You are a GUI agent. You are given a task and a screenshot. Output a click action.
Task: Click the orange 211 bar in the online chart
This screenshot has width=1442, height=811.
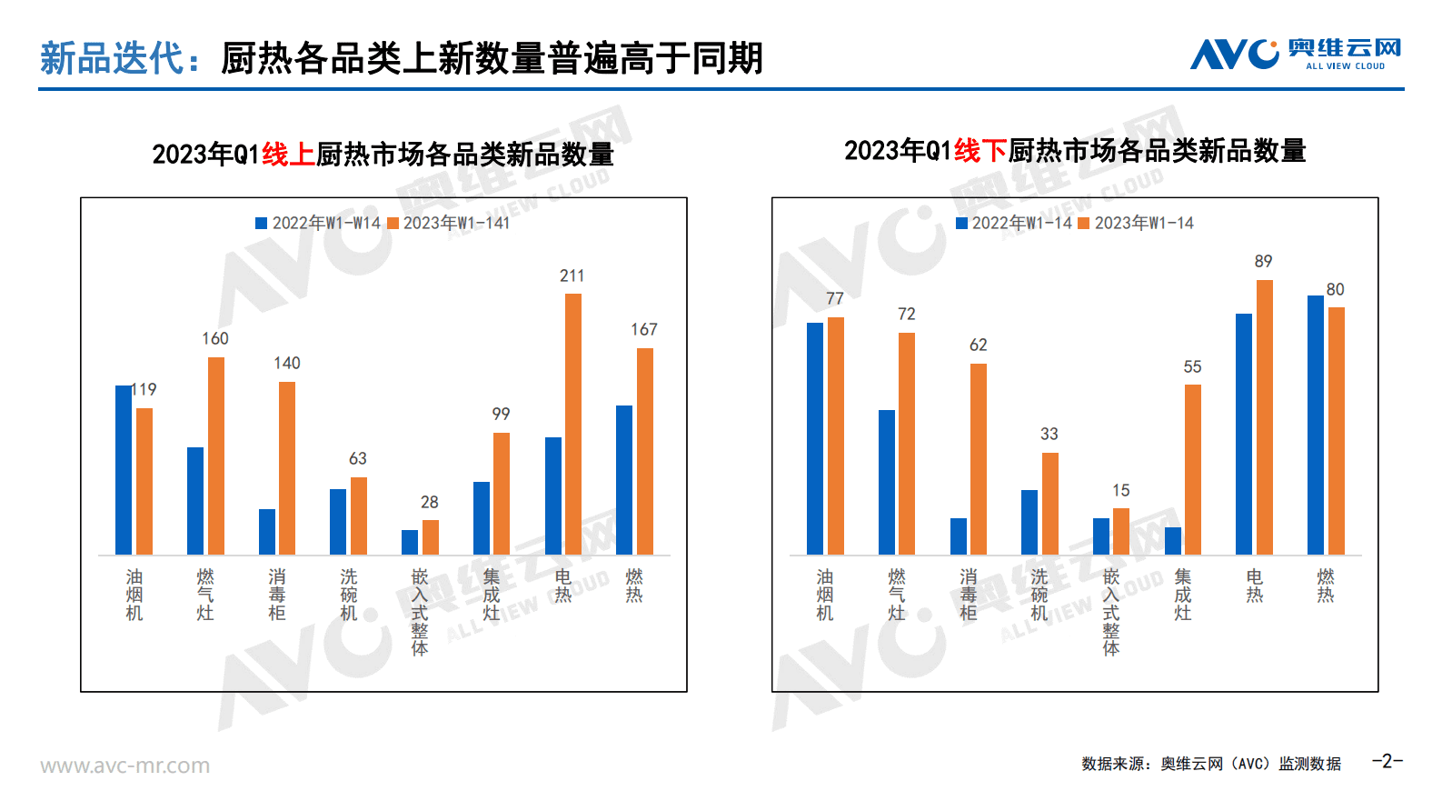[x=572, y=424]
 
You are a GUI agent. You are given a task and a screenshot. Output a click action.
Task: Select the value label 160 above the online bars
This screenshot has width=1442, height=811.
[x=215, y=338]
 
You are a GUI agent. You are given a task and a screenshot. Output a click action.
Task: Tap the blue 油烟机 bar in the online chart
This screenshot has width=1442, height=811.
[x=124, y=470]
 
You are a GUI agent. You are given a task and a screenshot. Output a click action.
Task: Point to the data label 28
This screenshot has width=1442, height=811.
[x=430, y=502]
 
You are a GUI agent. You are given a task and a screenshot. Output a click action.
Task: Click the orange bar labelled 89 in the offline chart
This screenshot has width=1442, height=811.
[x=1264, y=417]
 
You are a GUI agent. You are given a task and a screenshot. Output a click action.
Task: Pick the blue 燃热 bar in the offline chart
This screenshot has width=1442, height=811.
[x=1316, y=425]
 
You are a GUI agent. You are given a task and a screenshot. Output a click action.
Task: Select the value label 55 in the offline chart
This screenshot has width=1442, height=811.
[x=1192, y=366]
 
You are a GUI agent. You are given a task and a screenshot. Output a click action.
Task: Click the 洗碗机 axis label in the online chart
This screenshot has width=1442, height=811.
[x=349, y=595]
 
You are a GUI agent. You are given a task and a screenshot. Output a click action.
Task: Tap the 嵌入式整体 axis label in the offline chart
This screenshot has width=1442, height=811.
[x=1111, y=611]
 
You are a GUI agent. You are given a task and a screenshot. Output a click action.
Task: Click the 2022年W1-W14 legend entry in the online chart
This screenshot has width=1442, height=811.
[x=318, y=224]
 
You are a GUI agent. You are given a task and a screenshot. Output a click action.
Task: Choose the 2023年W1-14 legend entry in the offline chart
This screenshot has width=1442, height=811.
[x=1136, y=224]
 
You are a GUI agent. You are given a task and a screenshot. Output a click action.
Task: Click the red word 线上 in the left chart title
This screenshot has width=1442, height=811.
[x=288, y=155]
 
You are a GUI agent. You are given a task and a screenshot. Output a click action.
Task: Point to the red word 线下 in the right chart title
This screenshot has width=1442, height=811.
[x=980, y=151]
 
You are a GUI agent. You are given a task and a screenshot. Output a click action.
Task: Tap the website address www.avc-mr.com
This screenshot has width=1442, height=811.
[x=124, y=766]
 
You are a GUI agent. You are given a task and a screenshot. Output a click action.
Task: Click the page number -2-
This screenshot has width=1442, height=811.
[x=1387, y=761]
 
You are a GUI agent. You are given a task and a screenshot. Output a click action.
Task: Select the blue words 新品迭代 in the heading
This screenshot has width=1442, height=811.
[x=113, y=58]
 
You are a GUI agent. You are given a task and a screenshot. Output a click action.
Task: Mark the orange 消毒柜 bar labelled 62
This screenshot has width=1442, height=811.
[x=978, y=459]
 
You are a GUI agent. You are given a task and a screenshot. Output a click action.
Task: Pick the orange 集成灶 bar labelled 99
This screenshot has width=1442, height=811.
[x=501, y=494]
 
